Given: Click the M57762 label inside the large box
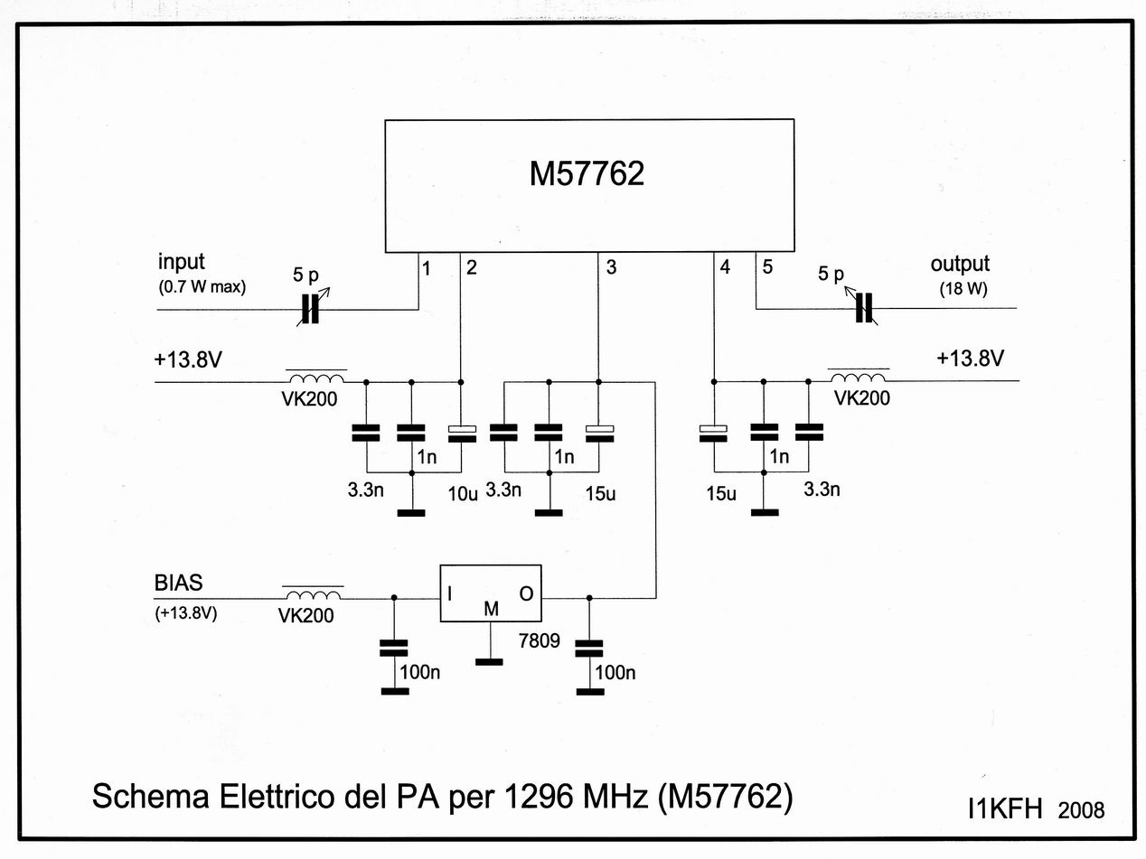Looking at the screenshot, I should [587, 174].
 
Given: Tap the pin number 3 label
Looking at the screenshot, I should [612, 267].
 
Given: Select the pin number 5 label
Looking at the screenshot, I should [767, 266].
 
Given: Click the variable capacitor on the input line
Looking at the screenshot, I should [310, 310].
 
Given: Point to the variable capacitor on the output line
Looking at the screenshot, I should [865, 307].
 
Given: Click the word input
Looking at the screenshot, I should [182, 263].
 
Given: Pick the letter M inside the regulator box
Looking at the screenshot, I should [491, 610].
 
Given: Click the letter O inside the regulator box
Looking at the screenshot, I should [526, 593].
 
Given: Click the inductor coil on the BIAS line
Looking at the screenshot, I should [314, 595].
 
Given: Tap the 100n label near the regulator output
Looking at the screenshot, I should [616, 672].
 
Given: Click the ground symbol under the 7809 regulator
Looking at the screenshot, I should [489, 661].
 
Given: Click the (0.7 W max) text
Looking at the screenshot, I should [202, 287].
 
